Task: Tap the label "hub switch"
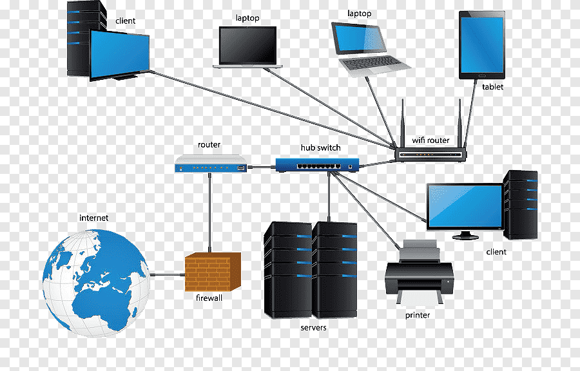(x=320, y=148)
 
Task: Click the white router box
(x=211, y=164)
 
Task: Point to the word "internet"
(x=93, y=218)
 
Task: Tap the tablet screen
(x=482, y=45)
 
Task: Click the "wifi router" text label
(x=430, y=140)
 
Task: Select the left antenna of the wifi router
(x=403, y=122)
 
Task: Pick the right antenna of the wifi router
(x=460, y=122)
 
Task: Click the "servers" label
(x=313, y=328)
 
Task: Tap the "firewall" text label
(x=209, y=298)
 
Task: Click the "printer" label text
(x=418, y=315)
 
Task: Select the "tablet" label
(x=492, y=87)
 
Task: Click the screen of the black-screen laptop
(x=247, y=44)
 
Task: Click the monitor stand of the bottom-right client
(x=465, y=234)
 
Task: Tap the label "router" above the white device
(x=209, y=146)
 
